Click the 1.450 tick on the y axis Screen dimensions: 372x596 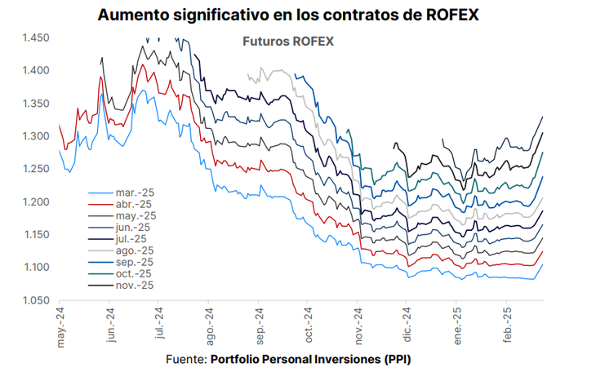click(37, 38)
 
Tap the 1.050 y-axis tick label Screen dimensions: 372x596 click(37, 301)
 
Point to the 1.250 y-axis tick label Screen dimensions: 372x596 click(37, 170)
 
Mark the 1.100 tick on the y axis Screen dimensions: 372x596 click(37, 268)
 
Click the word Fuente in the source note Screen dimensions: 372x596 click(185, 360)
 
